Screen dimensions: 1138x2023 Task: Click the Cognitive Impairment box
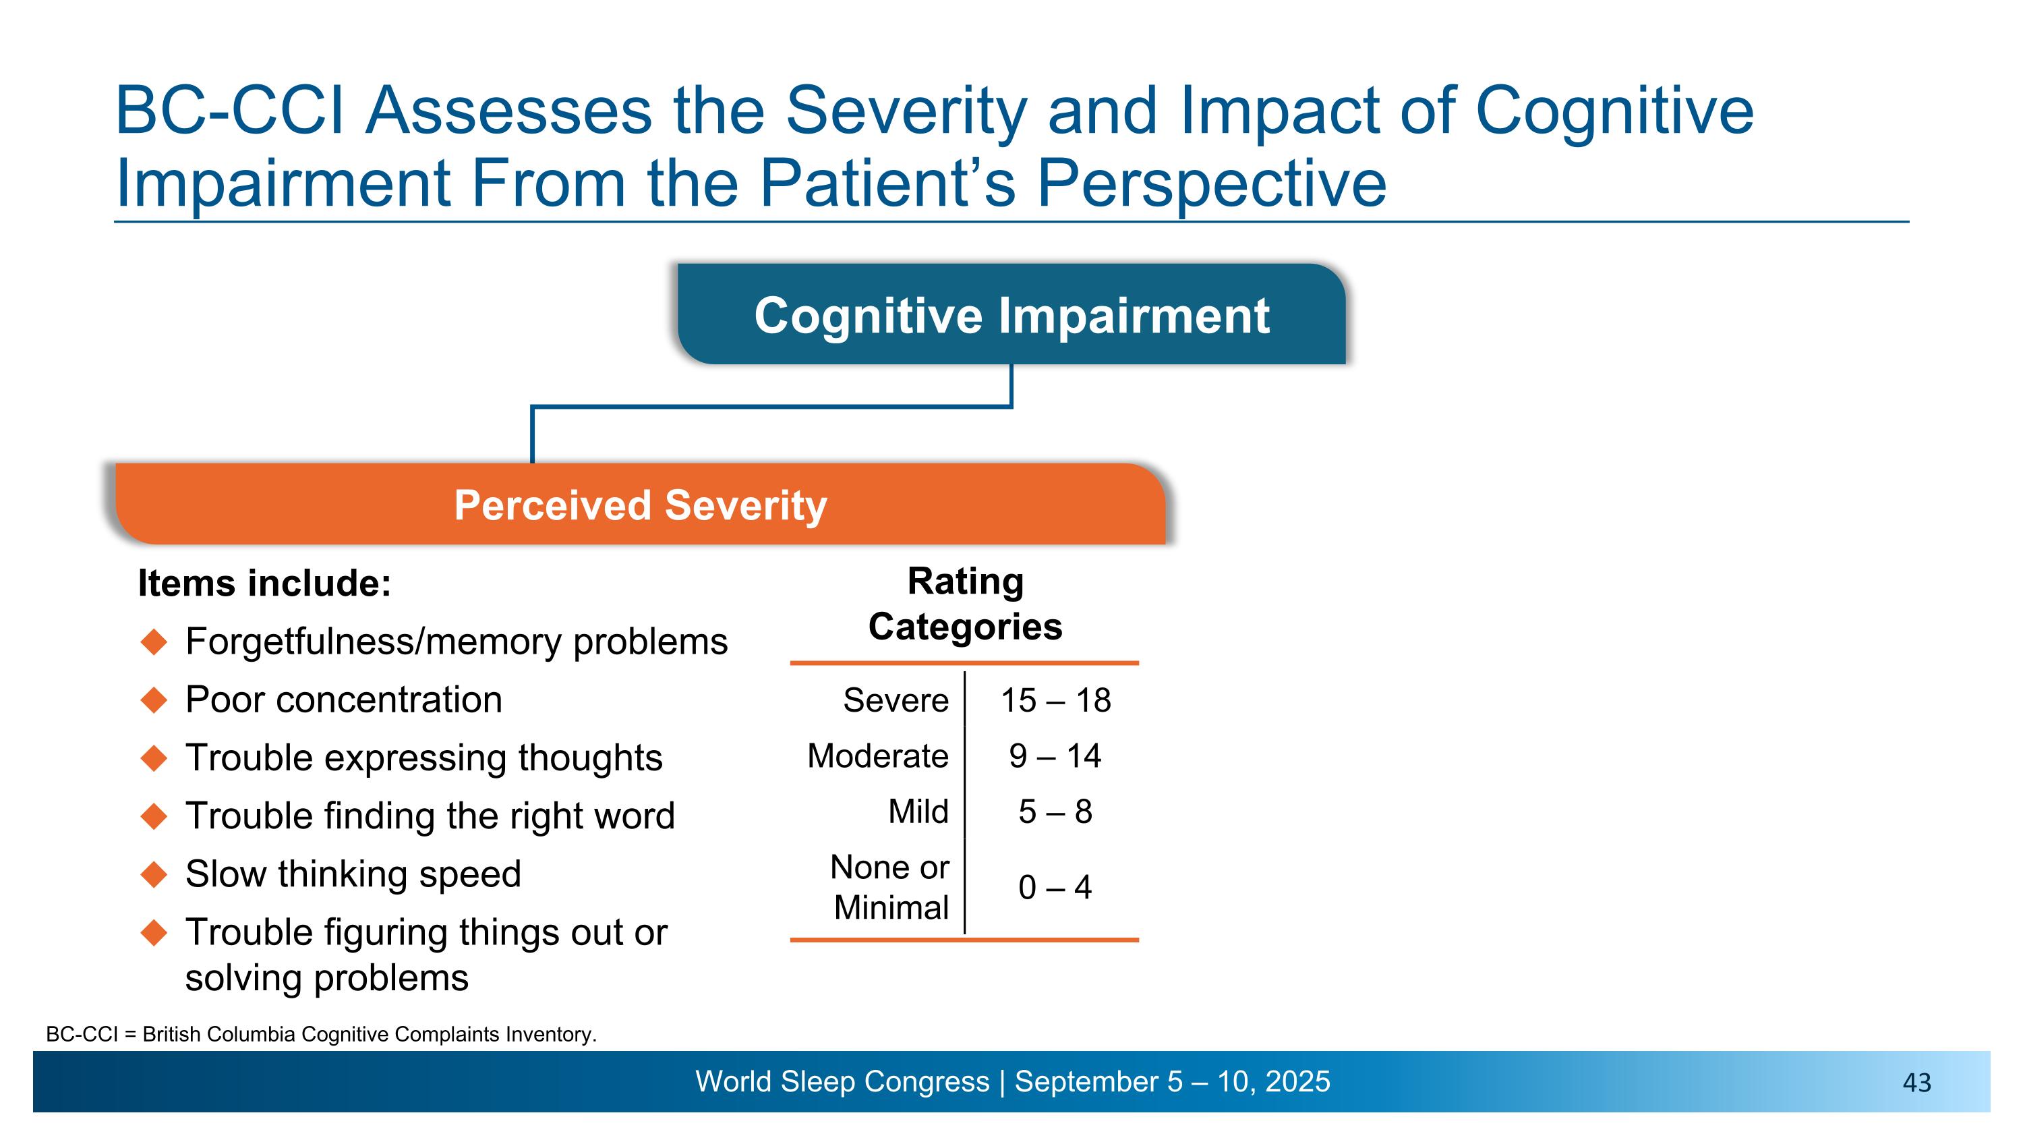pyautogui.click(x=1011, y=314)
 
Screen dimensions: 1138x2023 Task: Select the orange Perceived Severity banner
pyautogui.click(x=640, y=504)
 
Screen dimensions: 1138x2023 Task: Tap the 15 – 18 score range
pyautogui.click(x=1055, y=700)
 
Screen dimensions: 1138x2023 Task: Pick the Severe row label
pyautogui.click(x=896, y=700)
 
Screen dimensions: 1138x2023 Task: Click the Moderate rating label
pyautogui.click(x=877, y=756)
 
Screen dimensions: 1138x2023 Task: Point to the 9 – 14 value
pyautogui.click(x=1055, y=756)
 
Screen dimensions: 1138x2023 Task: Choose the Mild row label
pyautogui.click(x=918, y=812)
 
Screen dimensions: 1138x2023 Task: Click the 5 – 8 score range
pyautogui.click(x=1055, y=812)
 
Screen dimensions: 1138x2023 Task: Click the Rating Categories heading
pyautogui.click(x=965, y=604)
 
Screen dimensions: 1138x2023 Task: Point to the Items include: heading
pyautogui.click(x=264, y=584)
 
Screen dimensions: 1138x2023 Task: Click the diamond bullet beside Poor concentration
pyautogui.click(x=154, y=700)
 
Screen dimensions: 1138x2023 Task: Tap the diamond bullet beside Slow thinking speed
pyautogui.click(x=154, y=874)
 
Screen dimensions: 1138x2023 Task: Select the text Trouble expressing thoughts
pyautogui.click(x=423, y=758)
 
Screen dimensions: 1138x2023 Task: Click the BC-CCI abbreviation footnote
pyautogui.click(x=321, y=1034)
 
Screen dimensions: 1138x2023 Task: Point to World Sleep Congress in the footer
pyautogui.click(x=842, y=1081)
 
